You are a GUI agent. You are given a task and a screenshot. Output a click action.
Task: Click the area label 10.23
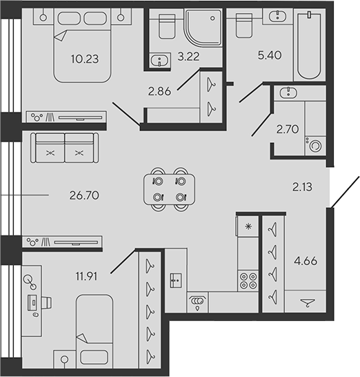[x=85, y=59]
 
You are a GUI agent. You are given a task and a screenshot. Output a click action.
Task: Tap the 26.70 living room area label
[x=84, y=195]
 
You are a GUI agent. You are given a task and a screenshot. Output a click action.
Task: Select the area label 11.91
[x=86, y=276]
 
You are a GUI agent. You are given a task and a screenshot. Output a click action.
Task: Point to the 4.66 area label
[x=306, y=261]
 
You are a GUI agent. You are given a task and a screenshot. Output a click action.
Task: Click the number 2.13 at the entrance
[x=302, y=187]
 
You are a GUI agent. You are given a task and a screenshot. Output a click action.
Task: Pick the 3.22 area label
[x=188, y=57]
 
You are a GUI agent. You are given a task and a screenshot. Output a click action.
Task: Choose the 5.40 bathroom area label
[x=270, y=55]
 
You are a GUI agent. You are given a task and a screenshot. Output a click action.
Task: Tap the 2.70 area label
[x=288, y=129]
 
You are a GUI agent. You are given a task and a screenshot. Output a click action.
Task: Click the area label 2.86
[x=159, y=91]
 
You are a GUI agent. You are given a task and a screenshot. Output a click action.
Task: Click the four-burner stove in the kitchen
[x=248, y=280]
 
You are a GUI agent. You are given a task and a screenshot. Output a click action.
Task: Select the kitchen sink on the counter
[x=176, y=280]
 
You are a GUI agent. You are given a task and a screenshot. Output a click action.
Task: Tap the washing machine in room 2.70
[x=315, y=146]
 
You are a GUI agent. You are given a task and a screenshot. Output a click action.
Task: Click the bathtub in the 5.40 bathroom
[x=309, y=46]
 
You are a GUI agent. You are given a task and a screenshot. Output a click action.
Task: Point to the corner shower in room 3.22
[x=203, y=28]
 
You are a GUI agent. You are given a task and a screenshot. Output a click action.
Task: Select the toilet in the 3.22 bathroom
[x=167, y=26]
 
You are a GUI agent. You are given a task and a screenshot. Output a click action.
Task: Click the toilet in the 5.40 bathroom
[x=244, y=26]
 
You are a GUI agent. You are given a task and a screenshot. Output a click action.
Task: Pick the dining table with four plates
[x=169, y=189]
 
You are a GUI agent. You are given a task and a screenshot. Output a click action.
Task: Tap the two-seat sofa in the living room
[x=64, y=148]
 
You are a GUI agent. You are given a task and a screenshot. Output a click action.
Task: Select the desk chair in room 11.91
[x=47, y=302]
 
